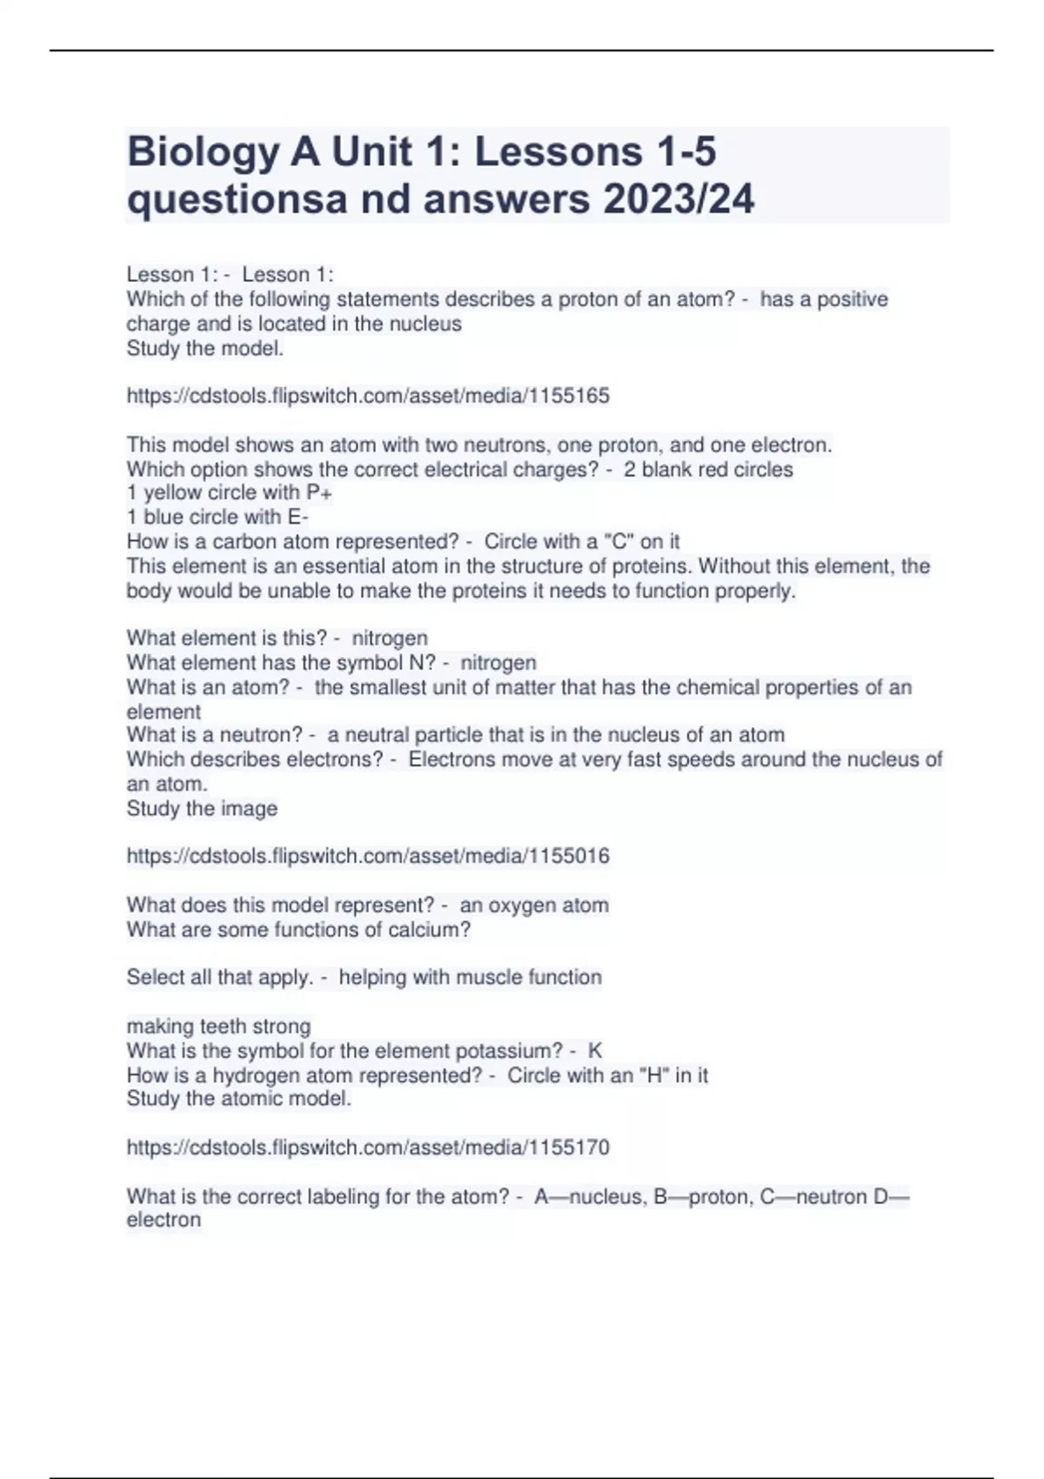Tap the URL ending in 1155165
tap(368, 396)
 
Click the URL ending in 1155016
tap(368, 856)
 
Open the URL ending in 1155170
tap(368, 1148)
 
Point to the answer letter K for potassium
tap(595, 1051)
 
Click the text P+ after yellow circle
tap(319, 492)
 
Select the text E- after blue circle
tap(298, 517)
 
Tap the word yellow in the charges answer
tap(173, 492)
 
